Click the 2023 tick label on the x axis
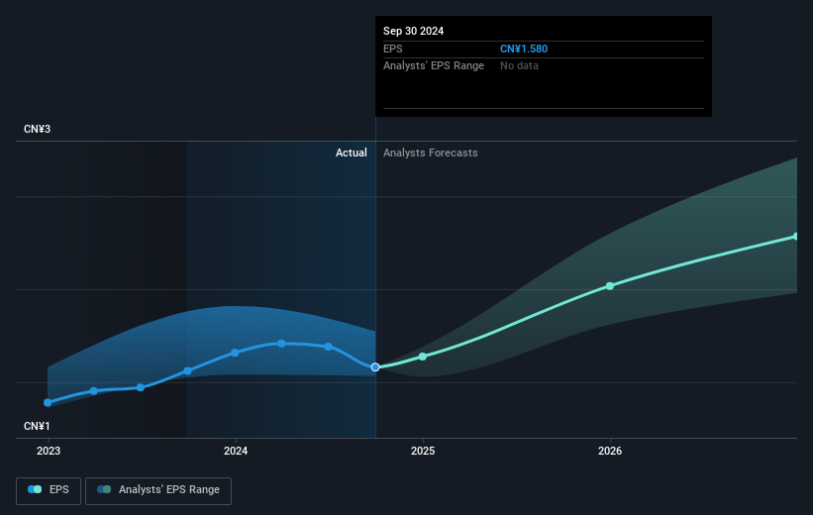48,451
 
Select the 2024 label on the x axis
235,451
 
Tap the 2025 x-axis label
423,451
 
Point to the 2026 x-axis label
610,451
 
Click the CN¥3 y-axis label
39,130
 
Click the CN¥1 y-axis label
39,426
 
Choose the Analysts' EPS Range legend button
158,489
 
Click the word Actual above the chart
351,153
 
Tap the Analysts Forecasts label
430,153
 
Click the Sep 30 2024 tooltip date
414,31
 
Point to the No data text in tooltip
520,65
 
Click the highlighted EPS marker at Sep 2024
375,367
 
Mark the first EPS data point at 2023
48,403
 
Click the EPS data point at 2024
235,353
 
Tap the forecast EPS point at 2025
423,357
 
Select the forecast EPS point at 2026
610,286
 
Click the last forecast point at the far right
796,236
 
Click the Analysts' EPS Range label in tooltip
434,65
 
